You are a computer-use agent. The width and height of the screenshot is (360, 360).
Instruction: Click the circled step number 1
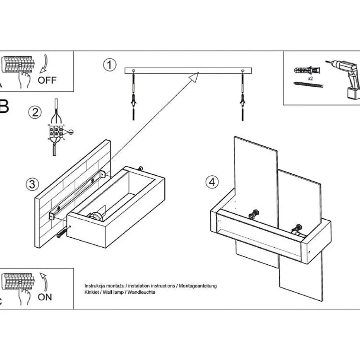tap(109, 65)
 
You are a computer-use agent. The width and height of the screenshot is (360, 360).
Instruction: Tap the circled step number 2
tap(35, 112)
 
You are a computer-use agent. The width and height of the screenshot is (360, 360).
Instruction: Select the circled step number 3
tap(32, 184)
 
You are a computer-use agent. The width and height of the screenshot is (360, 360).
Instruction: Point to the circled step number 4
tap(212, 182)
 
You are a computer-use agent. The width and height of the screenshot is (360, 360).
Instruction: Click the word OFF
tap(47, 80)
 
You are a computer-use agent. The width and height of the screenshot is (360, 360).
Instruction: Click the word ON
tap(45, 297)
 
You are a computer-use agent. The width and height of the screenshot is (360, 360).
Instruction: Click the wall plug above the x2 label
tap(306, 70)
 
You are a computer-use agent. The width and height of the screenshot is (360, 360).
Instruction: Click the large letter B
tap(4, 106)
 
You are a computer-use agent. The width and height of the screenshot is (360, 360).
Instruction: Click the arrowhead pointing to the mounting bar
tap(194, 77)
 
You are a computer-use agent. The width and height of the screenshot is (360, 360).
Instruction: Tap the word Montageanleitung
tap(198, 286)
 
